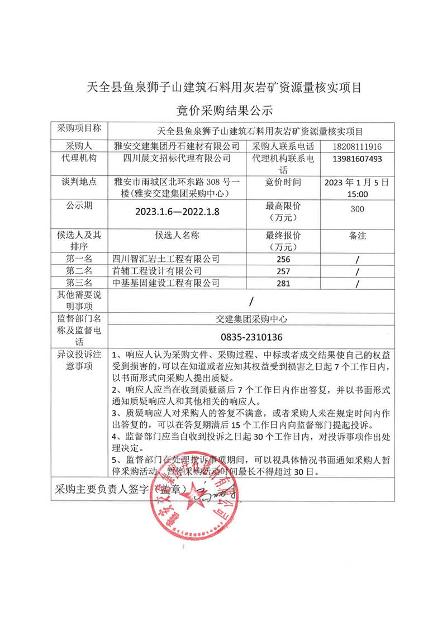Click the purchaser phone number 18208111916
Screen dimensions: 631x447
pyautogui.click(x=356, y=146)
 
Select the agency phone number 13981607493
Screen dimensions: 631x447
pyautogui.click(x=356, y=159)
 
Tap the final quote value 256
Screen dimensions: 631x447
pyautogui.click(x=284, y=260)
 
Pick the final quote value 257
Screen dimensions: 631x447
pyautogui.click(x=284, y=271)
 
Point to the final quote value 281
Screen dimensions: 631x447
pyautogui.click(x=284, y=283)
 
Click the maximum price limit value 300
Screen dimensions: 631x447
pyautogui.click(x=356, y=209)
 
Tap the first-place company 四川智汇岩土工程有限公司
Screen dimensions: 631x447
pyautogui.click(x=166, y=259)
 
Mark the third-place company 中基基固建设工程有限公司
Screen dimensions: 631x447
pyautogui.click(x=166, y=283)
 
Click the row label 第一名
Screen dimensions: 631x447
pyautogui.click(x=79, y=259)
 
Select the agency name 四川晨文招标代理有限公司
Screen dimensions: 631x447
pyautogui.click(x=177, y=159)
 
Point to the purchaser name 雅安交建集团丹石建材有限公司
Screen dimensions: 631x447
pyautogui.click(x=176, y=146)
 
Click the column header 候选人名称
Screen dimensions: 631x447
pyautogui.click(x=177, y=236)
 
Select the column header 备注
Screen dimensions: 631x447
pyautogui.click(x=356, y=236)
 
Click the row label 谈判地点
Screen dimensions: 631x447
pyautogui.click(x=79, y=182)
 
